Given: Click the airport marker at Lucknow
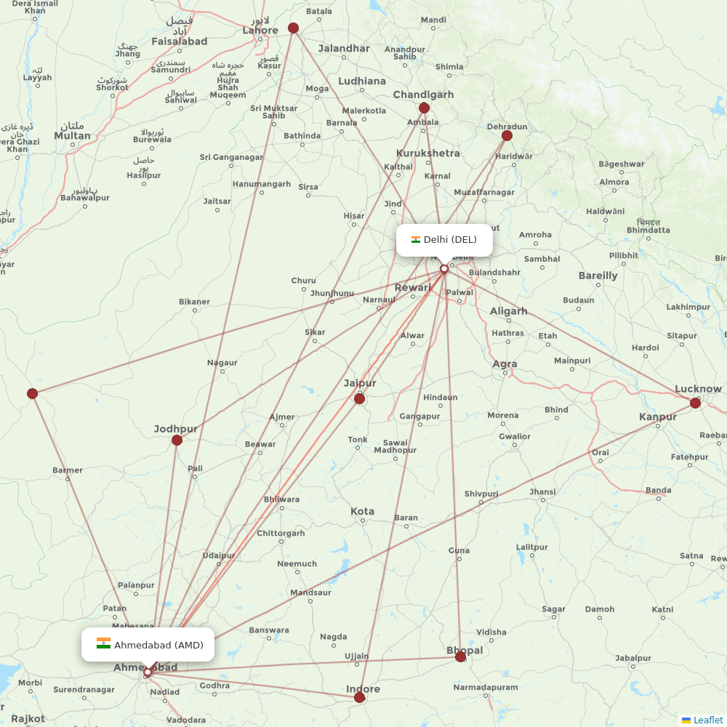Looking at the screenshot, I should click(x=695, y=403).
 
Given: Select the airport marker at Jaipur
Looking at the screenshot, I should click(x=359, y=398).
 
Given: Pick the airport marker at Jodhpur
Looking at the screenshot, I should click(x=177, y=441).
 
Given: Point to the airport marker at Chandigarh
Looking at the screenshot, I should click(x=424, y=108).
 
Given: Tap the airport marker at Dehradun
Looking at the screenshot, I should click(x=507, y=135).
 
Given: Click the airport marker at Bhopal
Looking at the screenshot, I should click(x=460, y=657).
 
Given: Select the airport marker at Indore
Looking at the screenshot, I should click(x=359, y=698).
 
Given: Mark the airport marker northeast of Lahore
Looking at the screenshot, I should click(x=293, y=28).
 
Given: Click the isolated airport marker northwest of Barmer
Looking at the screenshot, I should click(x=32, y=393).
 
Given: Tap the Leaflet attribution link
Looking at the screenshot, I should click(x=707, y=720).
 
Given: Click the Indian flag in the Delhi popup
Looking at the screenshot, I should click(x=416, y=240).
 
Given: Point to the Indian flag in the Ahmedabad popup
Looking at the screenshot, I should click(x=103, y=644).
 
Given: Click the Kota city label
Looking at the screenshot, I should click(x=362, y=511).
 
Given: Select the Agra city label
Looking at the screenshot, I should click(x=505, y=364).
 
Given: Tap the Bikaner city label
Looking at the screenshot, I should click(x=194, y=302).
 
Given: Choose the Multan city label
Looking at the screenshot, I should click(x=72, y=135).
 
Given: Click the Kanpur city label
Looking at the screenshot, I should click(x=658, y=417).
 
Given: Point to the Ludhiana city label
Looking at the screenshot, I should click(x=362, y=81).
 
